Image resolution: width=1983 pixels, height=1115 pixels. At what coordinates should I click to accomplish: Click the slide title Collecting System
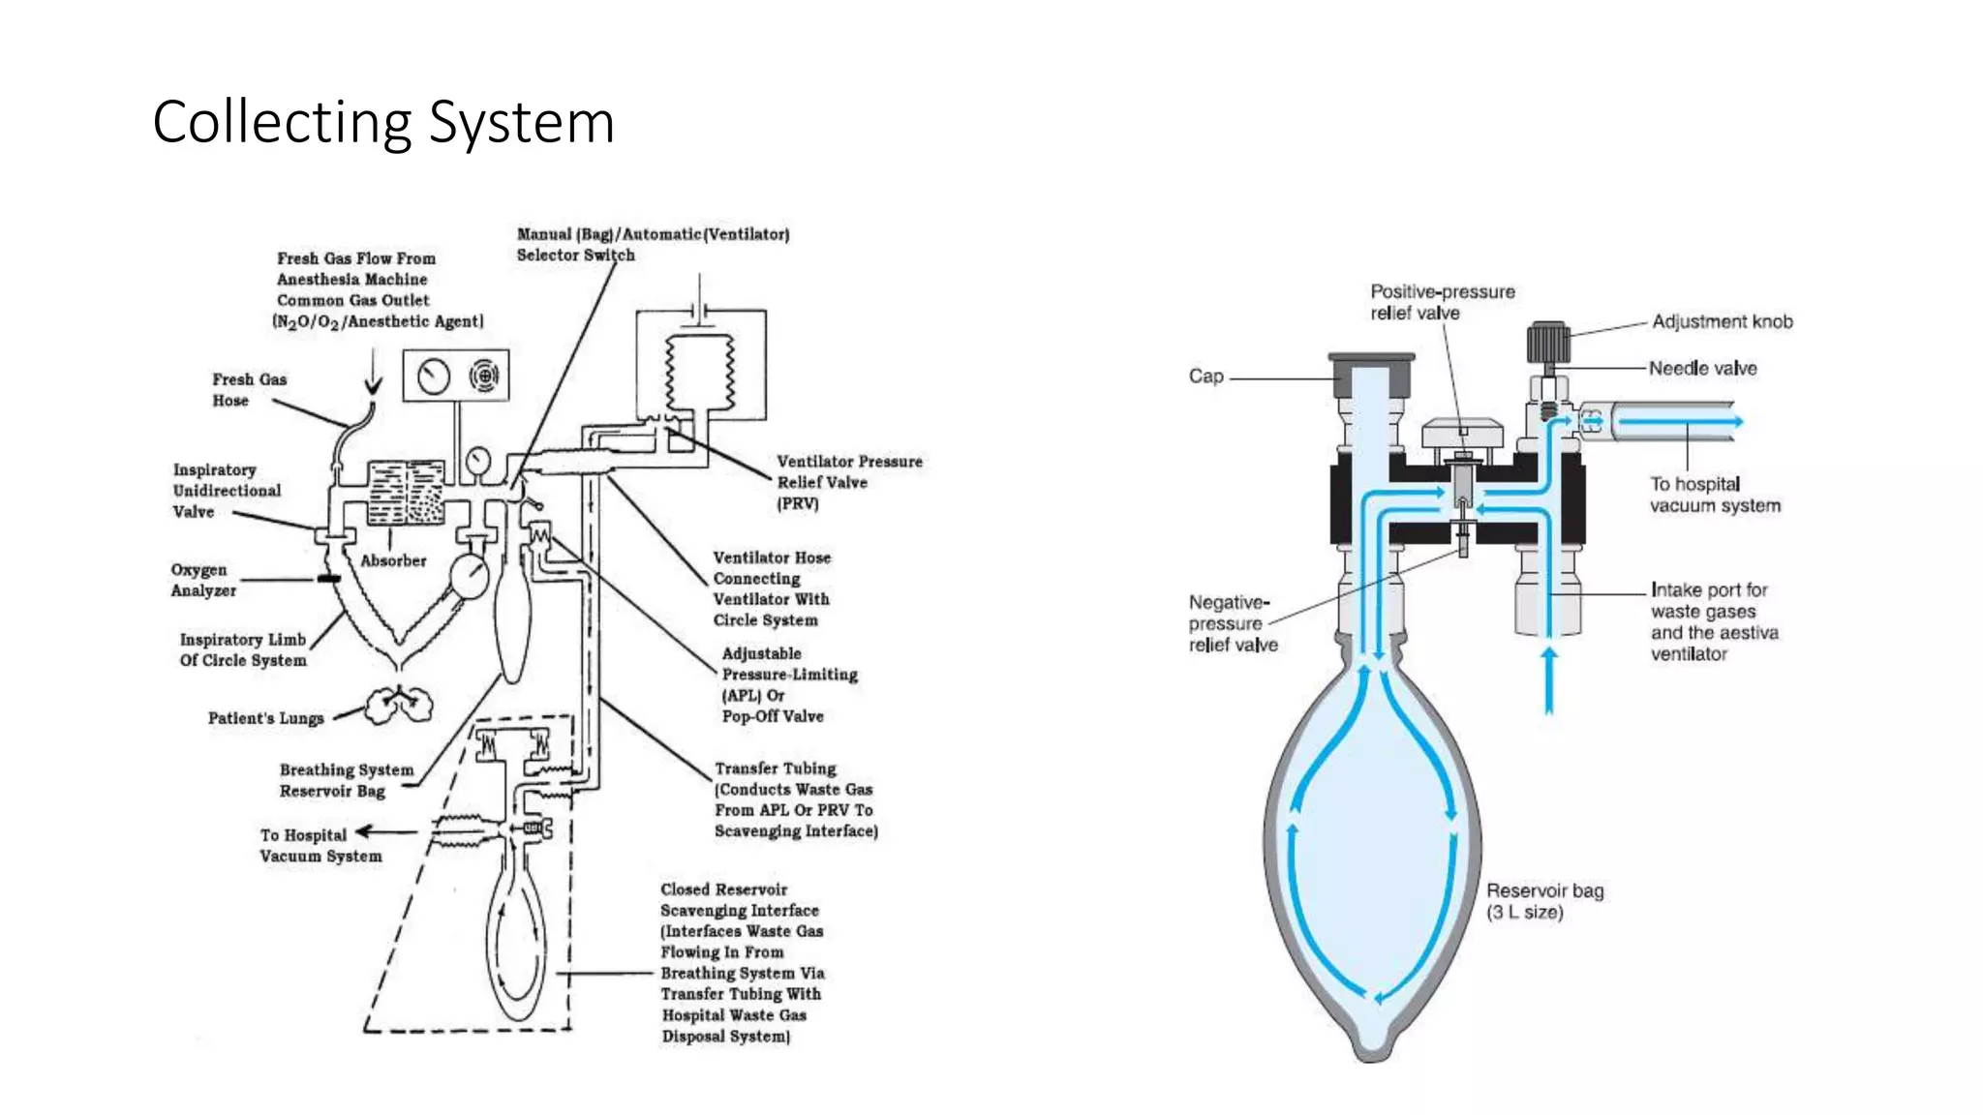coord(383,123)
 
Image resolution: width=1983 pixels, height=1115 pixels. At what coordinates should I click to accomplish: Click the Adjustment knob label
coord(1722,321)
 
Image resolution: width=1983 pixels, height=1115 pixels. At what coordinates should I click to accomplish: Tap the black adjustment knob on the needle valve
coord(1547,344)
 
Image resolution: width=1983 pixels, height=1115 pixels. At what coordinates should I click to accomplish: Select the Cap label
coord(1205,377)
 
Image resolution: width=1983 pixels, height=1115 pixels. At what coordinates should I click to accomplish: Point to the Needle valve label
coord(1702,369)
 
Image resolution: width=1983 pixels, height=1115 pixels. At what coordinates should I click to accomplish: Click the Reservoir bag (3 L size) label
coord(1544,901)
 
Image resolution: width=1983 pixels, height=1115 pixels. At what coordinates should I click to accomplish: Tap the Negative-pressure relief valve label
coord(1233,623)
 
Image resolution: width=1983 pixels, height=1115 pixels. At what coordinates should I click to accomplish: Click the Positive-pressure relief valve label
coord(1442,302)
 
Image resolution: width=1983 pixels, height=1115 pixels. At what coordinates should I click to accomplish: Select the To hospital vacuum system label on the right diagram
coord(1714,495)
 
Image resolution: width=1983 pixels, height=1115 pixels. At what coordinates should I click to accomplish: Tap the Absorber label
coord(393,560)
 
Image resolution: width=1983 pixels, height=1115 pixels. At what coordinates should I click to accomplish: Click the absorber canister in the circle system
coord(407,494)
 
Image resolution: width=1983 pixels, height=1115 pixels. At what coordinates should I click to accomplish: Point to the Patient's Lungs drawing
coord(398,705)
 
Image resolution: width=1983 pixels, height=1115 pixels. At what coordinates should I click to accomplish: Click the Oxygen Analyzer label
coord(203,580)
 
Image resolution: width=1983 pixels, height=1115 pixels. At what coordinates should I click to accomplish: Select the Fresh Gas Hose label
coord(249,390)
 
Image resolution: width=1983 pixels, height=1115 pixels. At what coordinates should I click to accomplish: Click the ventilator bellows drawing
coord(699,374)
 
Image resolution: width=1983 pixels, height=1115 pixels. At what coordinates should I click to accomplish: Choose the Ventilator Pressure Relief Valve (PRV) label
coord(848,482)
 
